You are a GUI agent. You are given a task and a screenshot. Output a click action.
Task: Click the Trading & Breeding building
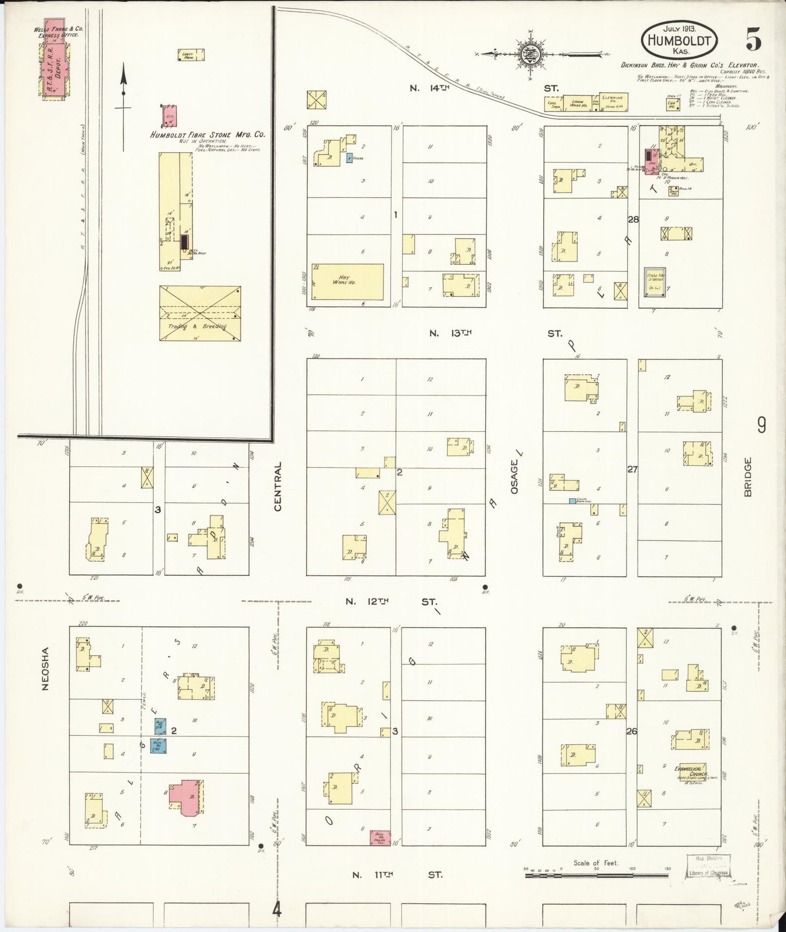[200, 313]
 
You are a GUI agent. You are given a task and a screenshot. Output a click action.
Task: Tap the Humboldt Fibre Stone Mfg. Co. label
[208, 134]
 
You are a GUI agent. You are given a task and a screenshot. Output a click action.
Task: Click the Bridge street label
[747, 476]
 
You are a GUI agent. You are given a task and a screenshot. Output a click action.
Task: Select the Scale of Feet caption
[596, 863]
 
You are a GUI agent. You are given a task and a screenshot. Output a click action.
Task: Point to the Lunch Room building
[191, 55]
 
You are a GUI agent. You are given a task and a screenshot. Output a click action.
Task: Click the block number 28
[632, 220]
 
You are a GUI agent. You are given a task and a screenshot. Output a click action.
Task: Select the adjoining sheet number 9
[761, 425]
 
